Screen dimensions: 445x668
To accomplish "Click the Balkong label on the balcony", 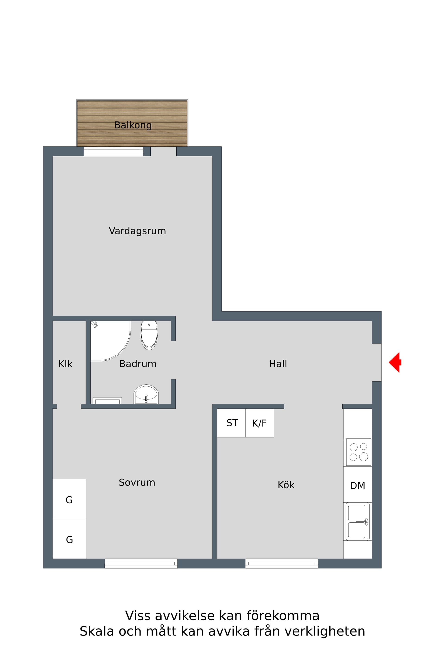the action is click(133, 125).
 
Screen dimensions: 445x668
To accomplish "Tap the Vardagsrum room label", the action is click(137, 231).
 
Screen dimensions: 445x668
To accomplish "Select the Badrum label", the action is click(138, 364).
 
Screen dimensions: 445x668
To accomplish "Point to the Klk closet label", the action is click(65, 364).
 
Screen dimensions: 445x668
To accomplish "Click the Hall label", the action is click(278, 364).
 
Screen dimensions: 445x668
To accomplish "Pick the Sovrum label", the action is click(137, 482).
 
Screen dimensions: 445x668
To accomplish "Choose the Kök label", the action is click(286, 485).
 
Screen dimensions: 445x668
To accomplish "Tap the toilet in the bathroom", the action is click(149, 335).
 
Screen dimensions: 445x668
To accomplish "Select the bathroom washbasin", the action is click(146, 394).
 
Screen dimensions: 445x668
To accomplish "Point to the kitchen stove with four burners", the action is click(359, 452).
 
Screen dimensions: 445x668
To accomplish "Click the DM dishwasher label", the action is click(358, 486).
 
